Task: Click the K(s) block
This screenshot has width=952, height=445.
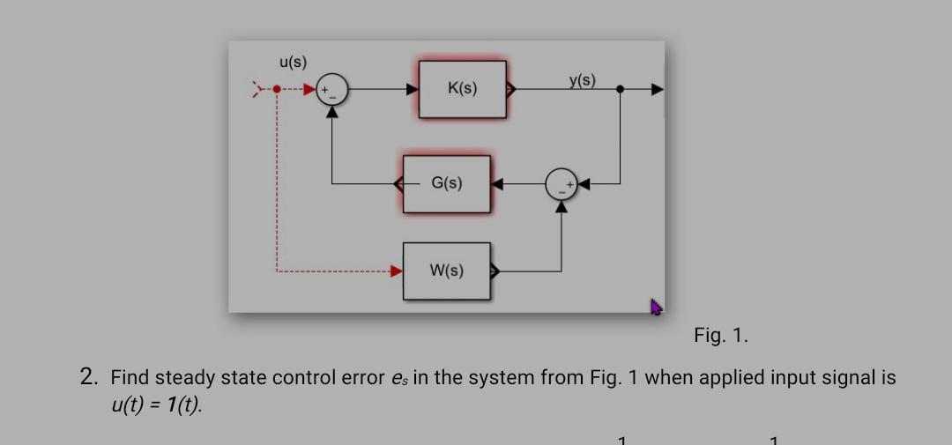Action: (x=462, y=89)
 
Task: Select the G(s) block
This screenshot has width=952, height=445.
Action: (x=447, y=184)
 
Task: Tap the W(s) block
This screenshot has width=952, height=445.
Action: (x=447, y=271)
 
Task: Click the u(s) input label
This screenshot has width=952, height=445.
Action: (x=293, y=63)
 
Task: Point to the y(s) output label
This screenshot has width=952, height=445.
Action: (x=581, y=81)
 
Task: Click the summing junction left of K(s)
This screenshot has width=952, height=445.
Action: (x=332, y=89)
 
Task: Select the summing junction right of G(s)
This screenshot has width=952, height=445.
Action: (x=561, y=184)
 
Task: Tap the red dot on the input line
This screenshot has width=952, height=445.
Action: (x=277, y=89)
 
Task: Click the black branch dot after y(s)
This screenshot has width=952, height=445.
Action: (x=621, y=89)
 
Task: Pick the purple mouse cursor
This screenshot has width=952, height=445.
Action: (x=655, y=307)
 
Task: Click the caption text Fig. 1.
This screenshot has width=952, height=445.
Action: (x=720, y=335)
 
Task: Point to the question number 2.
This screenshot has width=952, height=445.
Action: (x=87, y=378)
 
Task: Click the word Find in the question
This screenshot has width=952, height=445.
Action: (x=130, y=378)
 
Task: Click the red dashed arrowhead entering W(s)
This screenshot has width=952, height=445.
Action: (x=398, y=271)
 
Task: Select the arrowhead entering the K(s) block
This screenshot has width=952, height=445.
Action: (x=412, y=89)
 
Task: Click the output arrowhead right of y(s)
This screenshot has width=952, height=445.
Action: (x=657, y=89)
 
